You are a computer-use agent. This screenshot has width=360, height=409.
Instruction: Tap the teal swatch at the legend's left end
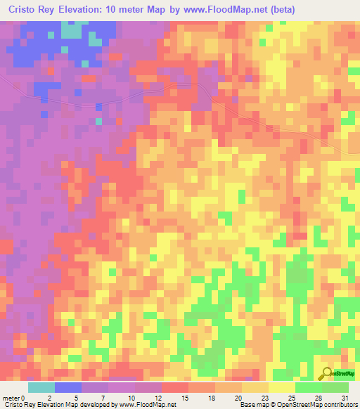point(41,387)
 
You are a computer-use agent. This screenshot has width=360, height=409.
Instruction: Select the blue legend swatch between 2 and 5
point(68,387)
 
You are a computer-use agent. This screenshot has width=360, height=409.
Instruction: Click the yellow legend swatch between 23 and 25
point(282,387)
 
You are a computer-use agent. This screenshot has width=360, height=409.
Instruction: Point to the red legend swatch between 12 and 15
point(175,387)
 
